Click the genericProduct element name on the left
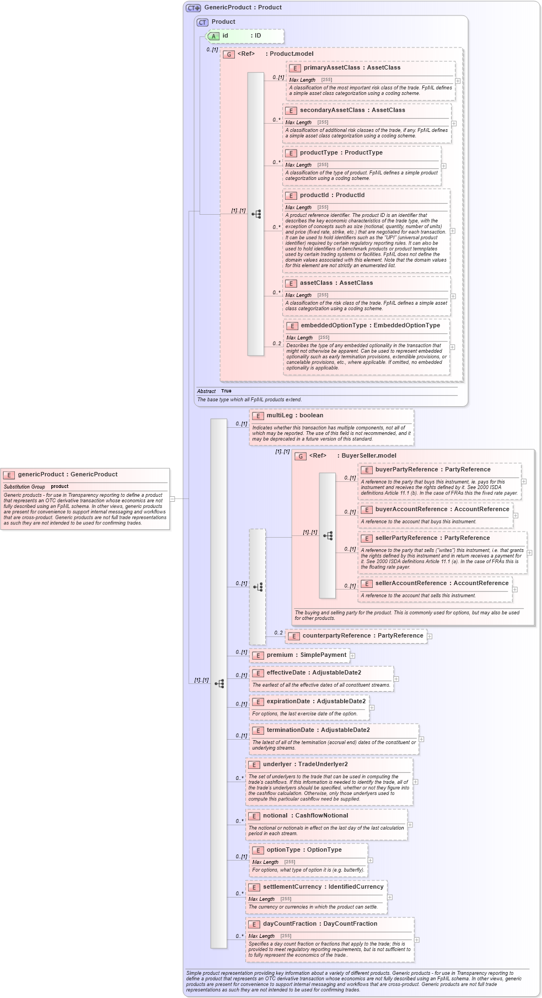(x=67, y=475)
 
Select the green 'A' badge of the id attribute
(x=213, y=36)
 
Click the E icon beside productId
(x=291, y=196)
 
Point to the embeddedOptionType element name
(x=370, y=326)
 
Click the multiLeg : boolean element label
(x=294, y=416)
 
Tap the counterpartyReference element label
(x=362, y=636)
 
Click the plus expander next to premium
(x=352, y=656)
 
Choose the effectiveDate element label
(x=314, y=673)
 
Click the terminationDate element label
(x=318, y=730)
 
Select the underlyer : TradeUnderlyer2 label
(x=305, y=765)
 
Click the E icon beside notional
(x=254, y=816)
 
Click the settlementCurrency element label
(x=323, y=887)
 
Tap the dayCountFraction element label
(x=320, y=924)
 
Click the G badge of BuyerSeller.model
(x=300, y=456)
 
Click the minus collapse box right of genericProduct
(x=172, y=499)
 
